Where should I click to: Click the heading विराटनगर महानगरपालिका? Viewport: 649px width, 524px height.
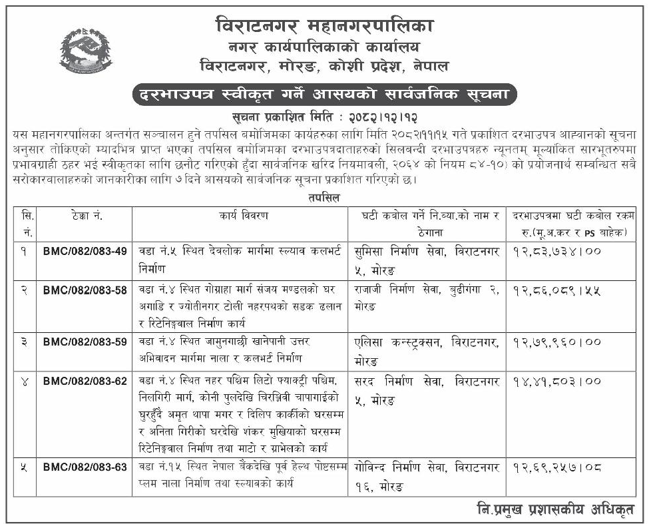(324, 27)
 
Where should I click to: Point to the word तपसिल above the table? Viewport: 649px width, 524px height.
(324, 198)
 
